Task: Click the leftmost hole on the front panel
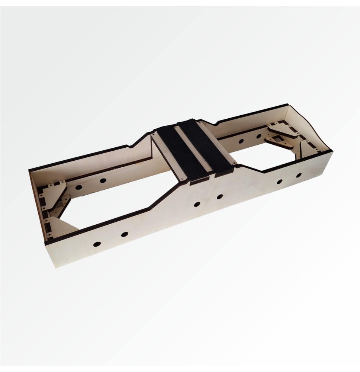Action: click(97, 244)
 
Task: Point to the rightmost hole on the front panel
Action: click(299, 175)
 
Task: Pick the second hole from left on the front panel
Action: click(125, 234)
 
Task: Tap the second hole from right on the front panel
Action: click(279, 182)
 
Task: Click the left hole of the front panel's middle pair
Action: click(197, 204)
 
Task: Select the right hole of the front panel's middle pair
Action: click(220, 196)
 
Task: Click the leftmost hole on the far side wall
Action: click(78, 187)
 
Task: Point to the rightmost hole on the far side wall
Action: click(258, 136)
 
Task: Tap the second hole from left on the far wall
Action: click(103, 180)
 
